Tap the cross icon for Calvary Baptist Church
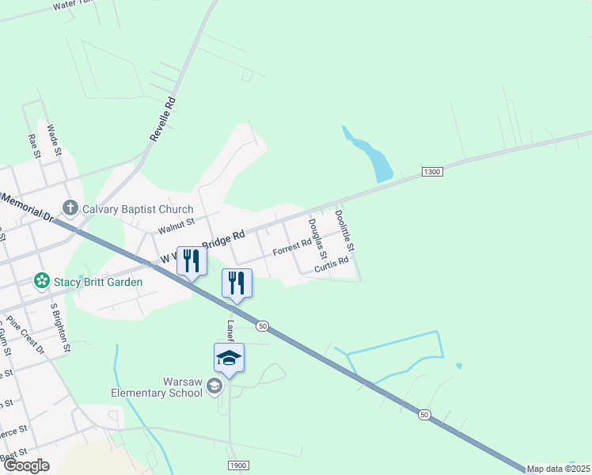click(70, 209)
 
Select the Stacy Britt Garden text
click(98, 282)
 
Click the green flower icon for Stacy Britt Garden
click(41, 281)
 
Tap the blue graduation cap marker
click(230, 358)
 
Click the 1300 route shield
click(431, 171)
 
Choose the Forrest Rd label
click(292, 249)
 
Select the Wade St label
click(54, 139)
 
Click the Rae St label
click(33, 146)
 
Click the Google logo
click(25, 465)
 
